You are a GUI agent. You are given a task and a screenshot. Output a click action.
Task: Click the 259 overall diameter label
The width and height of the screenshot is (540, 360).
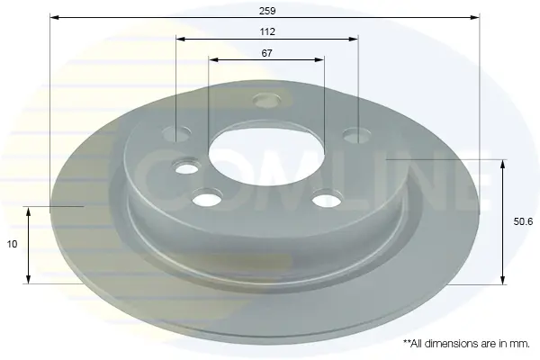[x=267, y=11]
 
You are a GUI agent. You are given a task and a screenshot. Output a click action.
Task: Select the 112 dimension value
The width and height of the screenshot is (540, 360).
[x=267, y=32]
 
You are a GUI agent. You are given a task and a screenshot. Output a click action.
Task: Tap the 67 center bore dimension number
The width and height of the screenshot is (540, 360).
[x=267, y=53]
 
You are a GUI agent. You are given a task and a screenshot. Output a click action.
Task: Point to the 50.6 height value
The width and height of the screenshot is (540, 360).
[x=523, y=222]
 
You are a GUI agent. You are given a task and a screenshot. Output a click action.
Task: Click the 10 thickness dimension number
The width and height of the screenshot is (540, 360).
[x=12, y=244]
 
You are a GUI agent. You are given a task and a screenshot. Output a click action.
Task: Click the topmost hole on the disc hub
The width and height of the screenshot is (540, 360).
[x=266, y=100]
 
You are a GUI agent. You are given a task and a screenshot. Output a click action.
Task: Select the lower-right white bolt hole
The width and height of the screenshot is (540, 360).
[x=327, y=200]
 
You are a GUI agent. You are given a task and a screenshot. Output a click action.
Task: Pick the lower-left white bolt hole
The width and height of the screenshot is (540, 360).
[x=207, y=198]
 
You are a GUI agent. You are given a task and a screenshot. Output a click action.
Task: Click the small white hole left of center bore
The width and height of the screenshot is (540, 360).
[x=186, y=167]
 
